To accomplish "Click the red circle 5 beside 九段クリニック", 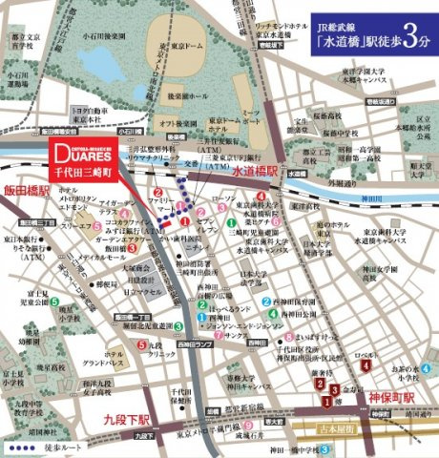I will pos(142,345).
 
